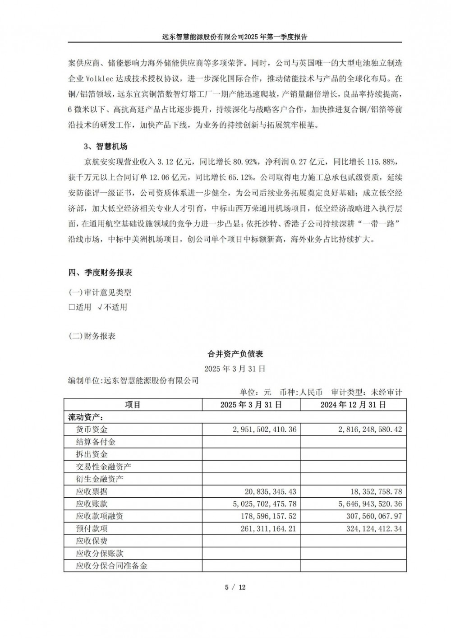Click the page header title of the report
click(x=235, y=37)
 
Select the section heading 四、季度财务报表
click(x=100, y=273)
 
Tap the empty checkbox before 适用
click(x=71, y=307)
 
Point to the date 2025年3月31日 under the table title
click(x=235, y=369)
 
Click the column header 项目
click(x=133, y=405)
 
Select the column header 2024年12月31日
click(x=353, y=405)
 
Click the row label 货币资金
click(x=92, y=429)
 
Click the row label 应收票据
click(x=92, y=491)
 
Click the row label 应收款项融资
click(x=100, y=516)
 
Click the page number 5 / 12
click(x=235, y=587)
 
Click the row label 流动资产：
click(x=85, y=417)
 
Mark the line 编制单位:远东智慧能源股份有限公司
click(x=133, y=380)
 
